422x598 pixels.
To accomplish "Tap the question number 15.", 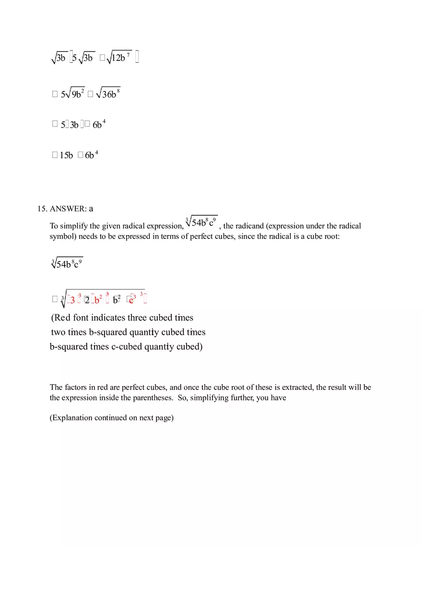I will click(42, 209).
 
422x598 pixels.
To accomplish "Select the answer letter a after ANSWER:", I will click(91, 209).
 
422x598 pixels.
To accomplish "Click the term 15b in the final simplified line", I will click(66, 155).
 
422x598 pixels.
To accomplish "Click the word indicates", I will click(108, 317).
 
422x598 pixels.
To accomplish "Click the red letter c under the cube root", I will click(131, 300).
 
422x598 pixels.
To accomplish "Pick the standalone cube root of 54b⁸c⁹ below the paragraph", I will click(67, 264).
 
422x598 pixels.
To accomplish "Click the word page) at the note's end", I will click(164, 418).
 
